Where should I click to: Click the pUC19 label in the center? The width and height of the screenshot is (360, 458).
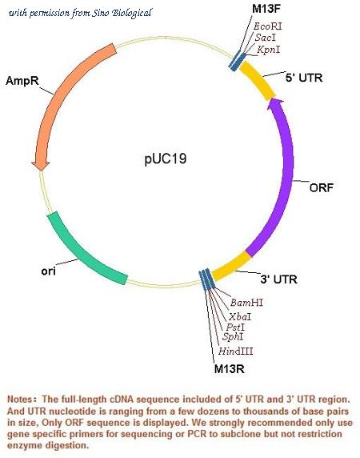[165, 159]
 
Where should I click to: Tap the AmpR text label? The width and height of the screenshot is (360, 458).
[22, 81]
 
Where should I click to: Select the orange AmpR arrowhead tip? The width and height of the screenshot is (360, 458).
[41, 170]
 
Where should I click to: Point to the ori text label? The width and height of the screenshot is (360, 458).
[48, 271]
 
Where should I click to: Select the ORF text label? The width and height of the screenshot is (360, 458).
[321, 187]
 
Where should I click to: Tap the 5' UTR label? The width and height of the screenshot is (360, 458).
[304, 78]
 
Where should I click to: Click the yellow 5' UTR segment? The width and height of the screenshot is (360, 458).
[258, 80]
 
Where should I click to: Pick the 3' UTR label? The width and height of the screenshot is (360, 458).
[279, 279]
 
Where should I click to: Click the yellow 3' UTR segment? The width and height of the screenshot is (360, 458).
[231, 266]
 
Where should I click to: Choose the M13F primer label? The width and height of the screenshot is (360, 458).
[266, 9]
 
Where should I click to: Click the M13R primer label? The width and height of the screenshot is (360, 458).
[230, 368]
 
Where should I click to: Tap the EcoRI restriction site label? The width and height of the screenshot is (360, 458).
[267, 26]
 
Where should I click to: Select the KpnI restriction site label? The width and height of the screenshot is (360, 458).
[268, 50]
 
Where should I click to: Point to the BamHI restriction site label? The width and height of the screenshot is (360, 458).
[246, 303]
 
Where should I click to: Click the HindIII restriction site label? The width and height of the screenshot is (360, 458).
[236, 351]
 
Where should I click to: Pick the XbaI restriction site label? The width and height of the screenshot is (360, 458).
[240, 316]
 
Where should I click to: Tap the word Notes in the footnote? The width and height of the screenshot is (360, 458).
[20, 400]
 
